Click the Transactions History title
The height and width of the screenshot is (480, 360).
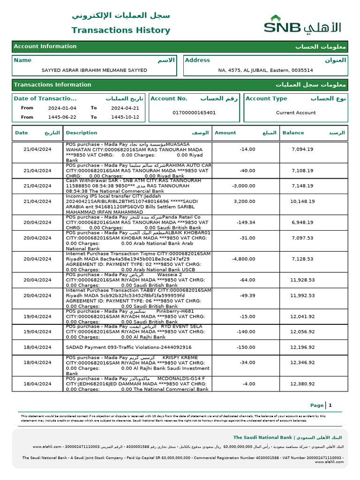click(120, 30)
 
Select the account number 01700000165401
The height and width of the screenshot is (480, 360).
click(194, 113)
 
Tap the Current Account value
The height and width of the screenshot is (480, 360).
click(296, 113)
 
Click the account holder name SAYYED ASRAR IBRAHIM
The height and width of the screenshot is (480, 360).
click(94, 70)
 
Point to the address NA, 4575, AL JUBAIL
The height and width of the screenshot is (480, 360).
click(265, 70)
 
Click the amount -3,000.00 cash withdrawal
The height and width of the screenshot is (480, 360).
click(244, 186)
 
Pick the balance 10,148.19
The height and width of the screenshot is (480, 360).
click(302, 202)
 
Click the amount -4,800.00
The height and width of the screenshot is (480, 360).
click(244, 259)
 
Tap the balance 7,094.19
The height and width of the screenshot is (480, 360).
click(302, 150)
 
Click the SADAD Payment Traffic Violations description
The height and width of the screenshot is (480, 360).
click(128, 347)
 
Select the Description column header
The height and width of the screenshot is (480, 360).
click(82, 133)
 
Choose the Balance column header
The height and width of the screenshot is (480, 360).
click(293, 133)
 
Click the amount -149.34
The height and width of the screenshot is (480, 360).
click(246, 223)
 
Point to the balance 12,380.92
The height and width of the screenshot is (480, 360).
click(302, 384)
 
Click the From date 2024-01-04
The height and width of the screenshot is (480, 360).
click(59, 108)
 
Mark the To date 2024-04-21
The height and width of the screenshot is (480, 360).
click(122, 108)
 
